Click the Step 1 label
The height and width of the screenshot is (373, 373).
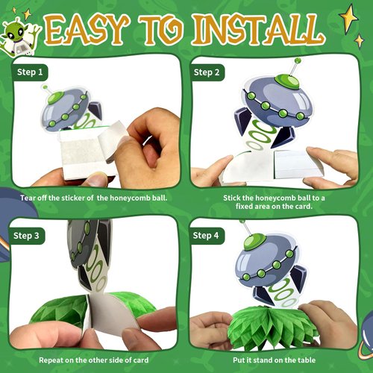point(30,72)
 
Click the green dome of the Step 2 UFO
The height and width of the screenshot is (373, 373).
point(283,81)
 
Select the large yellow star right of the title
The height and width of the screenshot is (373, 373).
point(348,15)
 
